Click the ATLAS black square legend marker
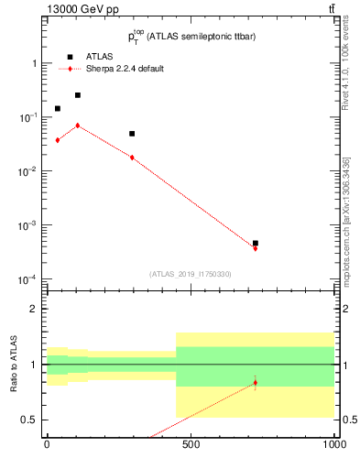click(71, 57)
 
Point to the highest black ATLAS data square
click(78, 94)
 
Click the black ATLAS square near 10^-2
click(132, 134)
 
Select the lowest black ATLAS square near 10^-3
click(255, 243)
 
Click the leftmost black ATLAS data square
click(58, 108)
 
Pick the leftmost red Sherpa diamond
click(58, 140)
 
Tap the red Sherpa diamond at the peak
click(78, 125)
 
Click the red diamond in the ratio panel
click(255, 382)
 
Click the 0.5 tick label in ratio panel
click(30, 420)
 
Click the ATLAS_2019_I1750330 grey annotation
click(191, 274)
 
